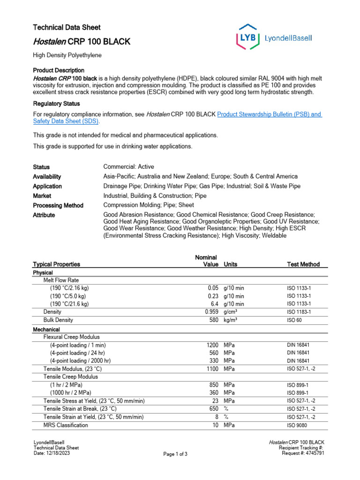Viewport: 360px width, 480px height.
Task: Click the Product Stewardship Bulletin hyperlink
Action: [x=270, y=114]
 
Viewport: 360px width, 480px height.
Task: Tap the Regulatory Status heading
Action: [x=56, y=104]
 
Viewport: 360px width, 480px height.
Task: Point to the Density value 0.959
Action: [x=212, y=312]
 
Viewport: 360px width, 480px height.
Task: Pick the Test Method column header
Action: [x=303, y=264]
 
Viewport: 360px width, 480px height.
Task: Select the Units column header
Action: [x=231, y=264]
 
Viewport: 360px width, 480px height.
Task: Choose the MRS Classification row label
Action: [x=66, y=425]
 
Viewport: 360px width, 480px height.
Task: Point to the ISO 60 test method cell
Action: [x=294, y=320]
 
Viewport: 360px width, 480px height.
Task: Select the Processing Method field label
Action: [x=58, y=206]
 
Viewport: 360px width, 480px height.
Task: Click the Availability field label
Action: [x=47, y=177]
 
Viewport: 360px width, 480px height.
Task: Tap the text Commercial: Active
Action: [x=128, y=167]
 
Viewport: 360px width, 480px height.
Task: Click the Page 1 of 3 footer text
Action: [x=175, y=454]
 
